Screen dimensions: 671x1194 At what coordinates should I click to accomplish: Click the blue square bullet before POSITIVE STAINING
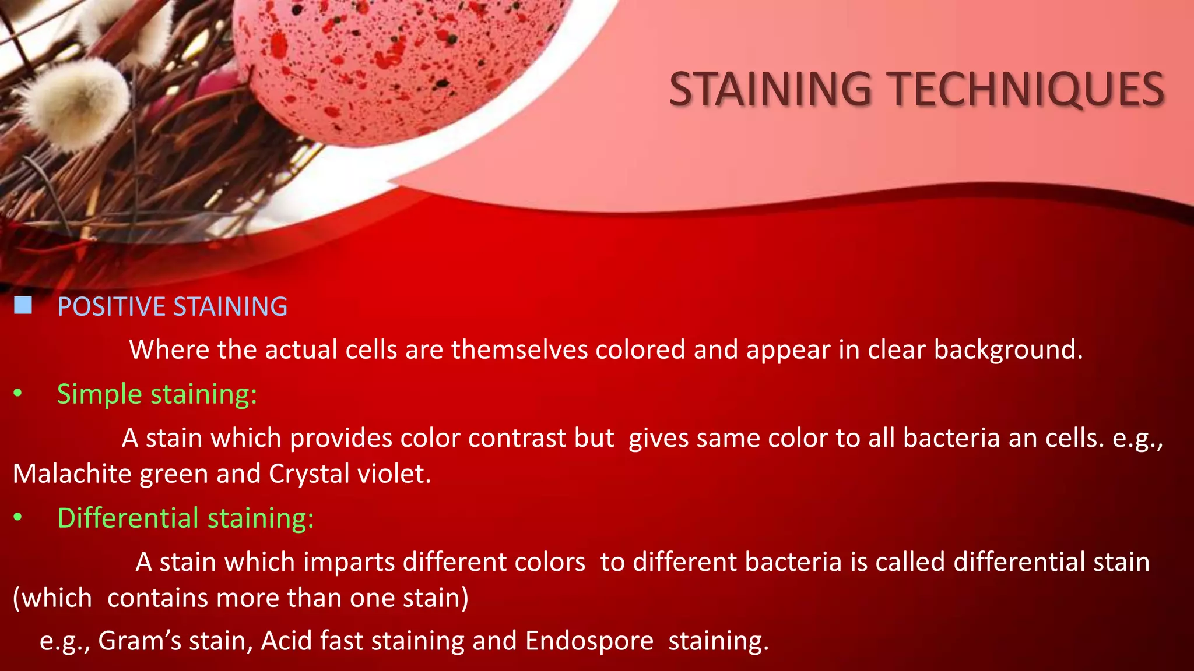tap(23, 305)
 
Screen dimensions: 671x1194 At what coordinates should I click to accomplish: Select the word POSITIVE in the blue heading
tap(111, 306)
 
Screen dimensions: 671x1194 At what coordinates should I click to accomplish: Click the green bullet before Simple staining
tap(18, 394)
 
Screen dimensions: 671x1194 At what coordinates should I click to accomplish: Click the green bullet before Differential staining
tap(18, 517)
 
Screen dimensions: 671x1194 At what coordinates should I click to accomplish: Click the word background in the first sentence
tap(1007, 349)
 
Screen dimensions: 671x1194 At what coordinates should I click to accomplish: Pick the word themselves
tap(519, 349)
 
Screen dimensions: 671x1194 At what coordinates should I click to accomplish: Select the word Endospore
tap(589, 641)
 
